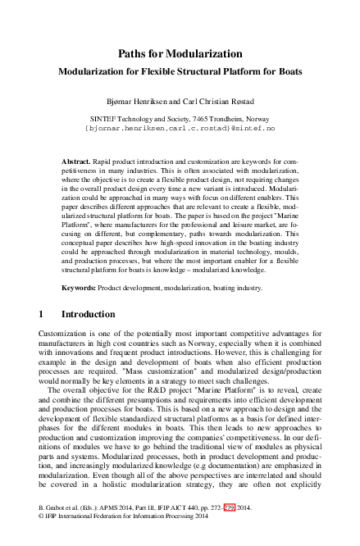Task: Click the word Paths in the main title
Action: click(134, 53)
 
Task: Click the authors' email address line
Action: click(180, 129)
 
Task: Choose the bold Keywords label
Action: click(80, 289)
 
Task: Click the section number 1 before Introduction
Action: click(42, 314)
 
